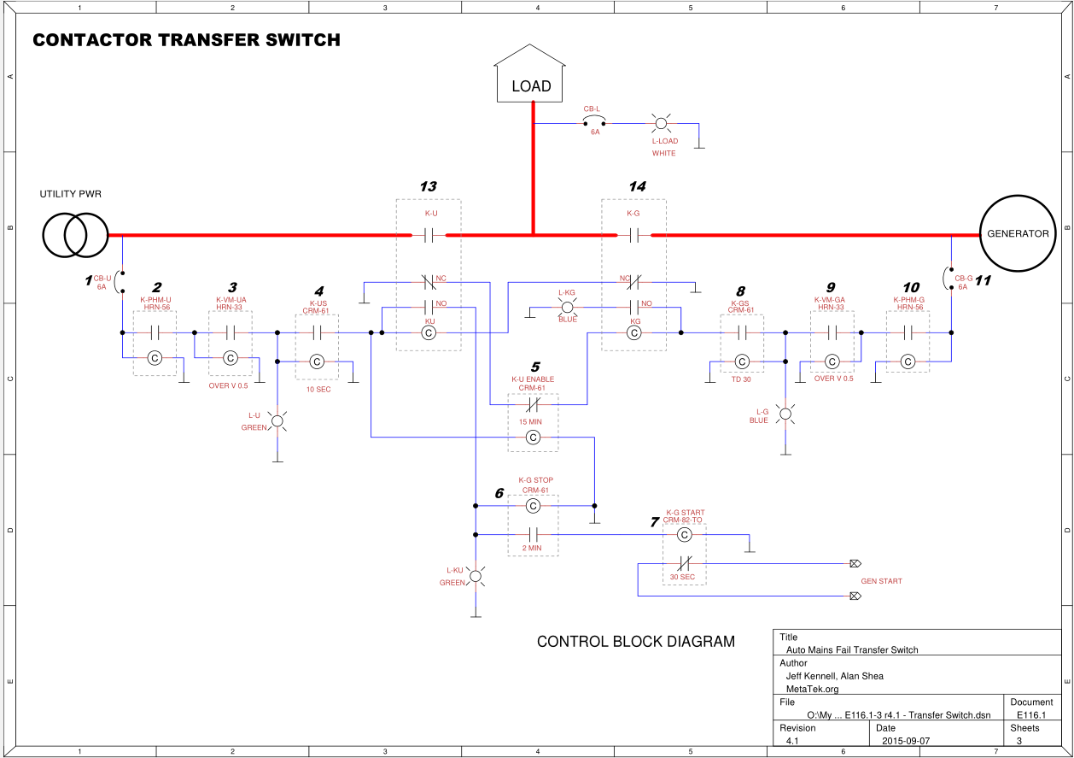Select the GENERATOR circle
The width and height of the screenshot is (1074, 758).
pos(1018,233)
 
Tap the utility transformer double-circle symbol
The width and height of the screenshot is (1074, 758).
pos(76,233)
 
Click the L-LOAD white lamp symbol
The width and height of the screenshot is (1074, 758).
pos(661,123)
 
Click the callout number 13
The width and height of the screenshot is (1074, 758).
pos(428,186)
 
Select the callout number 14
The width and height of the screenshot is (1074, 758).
pos(637,186)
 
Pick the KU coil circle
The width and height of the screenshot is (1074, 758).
pos(430,332)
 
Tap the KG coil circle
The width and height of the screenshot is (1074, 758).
pos(633,332)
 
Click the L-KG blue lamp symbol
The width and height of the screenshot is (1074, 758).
pos(566,305)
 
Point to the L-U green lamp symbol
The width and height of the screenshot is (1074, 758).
pos(277,420)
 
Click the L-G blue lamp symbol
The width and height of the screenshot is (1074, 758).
pos(785,414)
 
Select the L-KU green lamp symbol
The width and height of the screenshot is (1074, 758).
pos(476,577)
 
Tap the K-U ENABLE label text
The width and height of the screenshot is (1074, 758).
pos(533,379)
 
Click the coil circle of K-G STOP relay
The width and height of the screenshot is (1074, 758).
pos(533,506)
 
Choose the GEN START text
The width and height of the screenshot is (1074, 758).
pos(881,581)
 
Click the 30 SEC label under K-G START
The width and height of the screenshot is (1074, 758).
pos(682,578)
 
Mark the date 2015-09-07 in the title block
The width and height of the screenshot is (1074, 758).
pos(906,740)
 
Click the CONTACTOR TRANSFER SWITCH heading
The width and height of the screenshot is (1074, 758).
pos(186,40)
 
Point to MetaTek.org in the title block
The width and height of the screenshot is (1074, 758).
pos(813,689)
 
